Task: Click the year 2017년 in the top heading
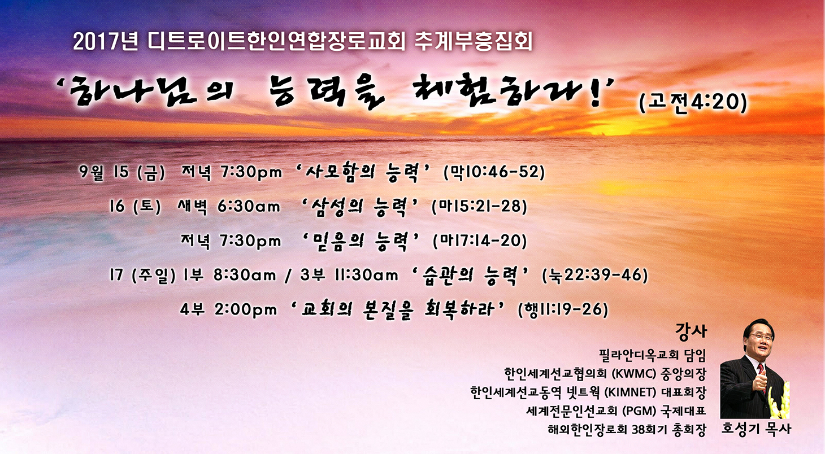105,42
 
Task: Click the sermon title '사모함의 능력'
362,172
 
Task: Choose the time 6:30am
249,206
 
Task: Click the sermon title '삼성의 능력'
359,207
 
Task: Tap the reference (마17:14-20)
480,241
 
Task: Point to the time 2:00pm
246,309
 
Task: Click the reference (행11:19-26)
563,309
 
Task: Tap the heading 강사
691,331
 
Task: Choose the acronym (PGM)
639,411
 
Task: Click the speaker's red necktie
761,372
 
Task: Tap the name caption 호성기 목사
755,429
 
